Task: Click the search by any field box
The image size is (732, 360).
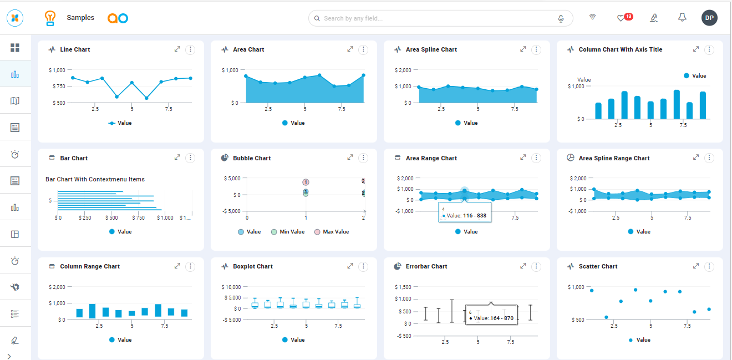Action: coord(440,18)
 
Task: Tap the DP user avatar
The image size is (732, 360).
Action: coord(709,18)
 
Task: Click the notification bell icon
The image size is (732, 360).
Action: coord(682,18)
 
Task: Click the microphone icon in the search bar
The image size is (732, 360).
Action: coord(561,19)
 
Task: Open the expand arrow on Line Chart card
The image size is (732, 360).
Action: coord(177,49)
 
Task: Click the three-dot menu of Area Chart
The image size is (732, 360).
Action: coord(363,49)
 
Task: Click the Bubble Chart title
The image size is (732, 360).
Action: coord(252,158)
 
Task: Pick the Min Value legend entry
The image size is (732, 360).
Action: coord(288,232)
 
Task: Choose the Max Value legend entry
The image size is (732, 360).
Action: coord(332,232)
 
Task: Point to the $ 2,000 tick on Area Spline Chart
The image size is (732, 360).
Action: coord(403,70)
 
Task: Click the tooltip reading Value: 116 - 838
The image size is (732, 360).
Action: coord(465,212)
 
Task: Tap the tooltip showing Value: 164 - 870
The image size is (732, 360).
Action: coord(491,315)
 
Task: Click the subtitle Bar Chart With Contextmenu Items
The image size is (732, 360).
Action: coord(95,179)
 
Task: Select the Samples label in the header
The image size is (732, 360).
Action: coord(80,18)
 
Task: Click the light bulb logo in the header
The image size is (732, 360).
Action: coord(50,18)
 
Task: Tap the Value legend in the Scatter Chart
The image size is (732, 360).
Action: coord(639,340)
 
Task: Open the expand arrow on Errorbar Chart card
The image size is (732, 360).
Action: coord(523,266)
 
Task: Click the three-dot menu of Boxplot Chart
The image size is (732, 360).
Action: coord(363,266)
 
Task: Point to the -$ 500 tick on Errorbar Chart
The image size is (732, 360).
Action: coord(403,336)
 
